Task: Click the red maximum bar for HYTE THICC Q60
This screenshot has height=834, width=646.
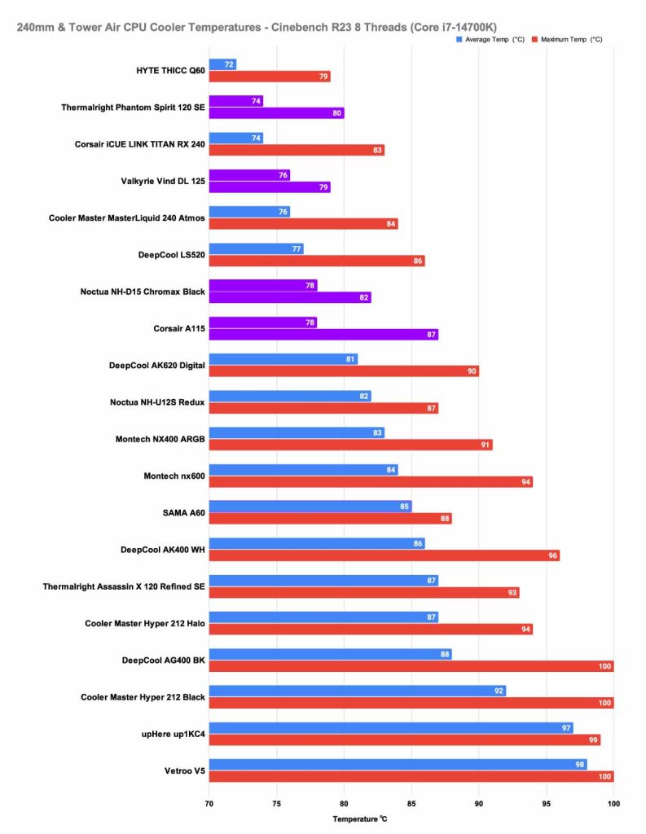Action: pyautogui.click(x=270, y=77)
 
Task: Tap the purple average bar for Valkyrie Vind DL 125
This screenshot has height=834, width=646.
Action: pyautogui.click(x=249, y=175)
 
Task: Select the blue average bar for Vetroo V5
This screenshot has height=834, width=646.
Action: pyautogui.click(x=398, y=765)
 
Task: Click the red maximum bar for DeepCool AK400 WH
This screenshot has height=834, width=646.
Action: pyautogui.click(x=384, y=555)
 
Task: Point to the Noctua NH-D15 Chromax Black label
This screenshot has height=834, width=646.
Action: pyautogui.click(x=143, y=292)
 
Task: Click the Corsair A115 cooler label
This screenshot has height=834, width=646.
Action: pyautogui.click(x=179, y=328)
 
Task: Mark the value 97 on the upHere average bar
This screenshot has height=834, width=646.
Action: pyautogui.click(x=566, y=728)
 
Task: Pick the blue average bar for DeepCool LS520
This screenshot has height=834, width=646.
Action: pyautogui.click(x=256, y=248)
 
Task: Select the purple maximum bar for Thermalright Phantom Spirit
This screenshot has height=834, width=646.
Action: pyautogui.click(x=276, y=113)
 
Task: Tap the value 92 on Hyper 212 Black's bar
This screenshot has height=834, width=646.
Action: pyautogui.click(x=499, y=691)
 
